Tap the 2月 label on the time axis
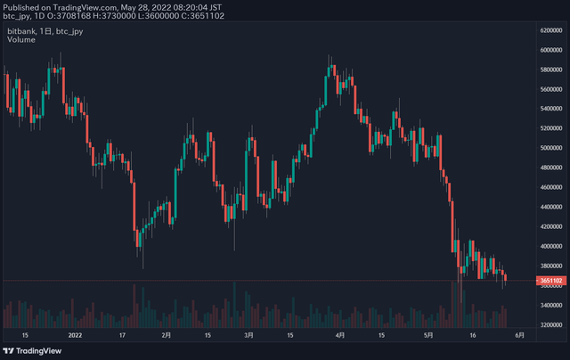167,336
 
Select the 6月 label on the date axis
520,336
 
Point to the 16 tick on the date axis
474,336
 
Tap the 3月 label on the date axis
249,336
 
